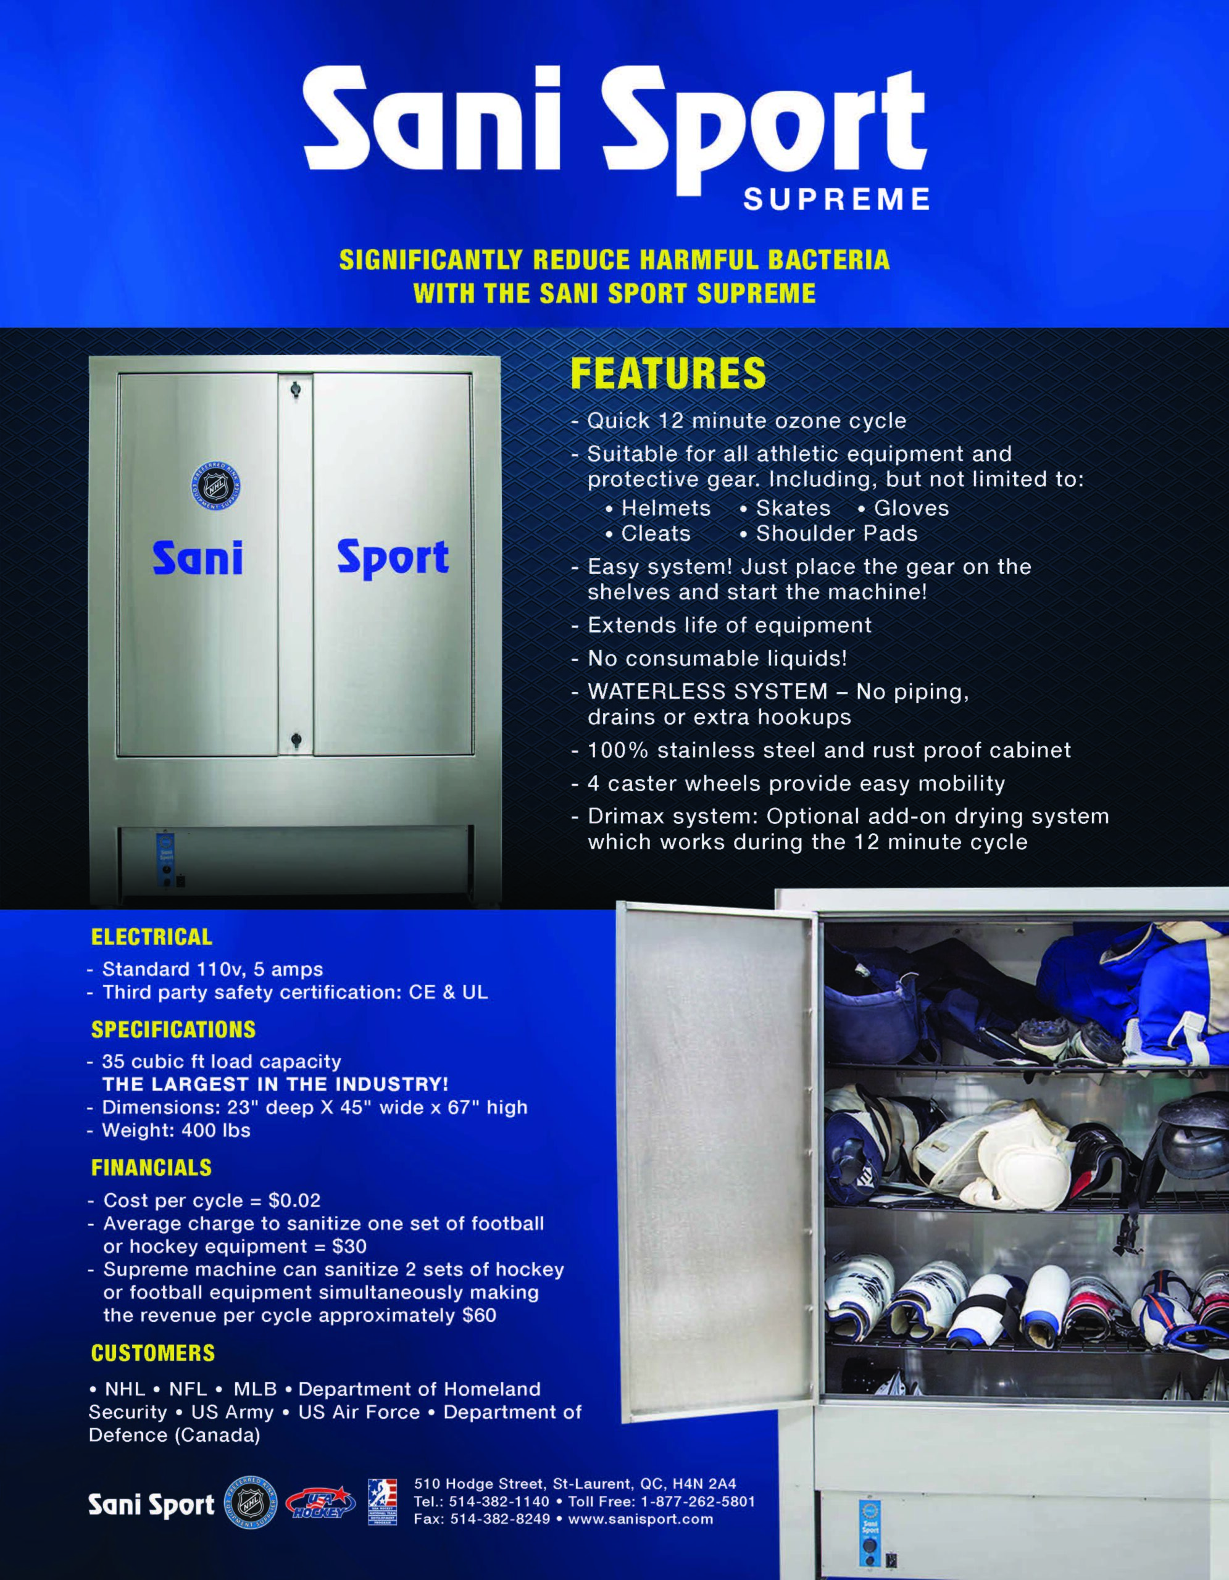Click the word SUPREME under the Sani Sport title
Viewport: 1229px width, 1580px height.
tap(836, 199)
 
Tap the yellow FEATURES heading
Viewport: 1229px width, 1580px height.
tap(668, 373)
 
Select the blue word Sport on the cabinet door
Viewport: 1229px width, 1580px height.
tap(393, 559)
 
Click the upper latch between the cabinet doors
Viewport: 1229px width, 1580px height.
tap(294, 390)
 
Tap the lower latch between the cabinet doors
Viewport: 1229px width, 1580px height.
tap(295, 739)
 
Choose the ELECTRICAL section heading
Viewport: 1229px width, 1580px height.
tap(151, 937)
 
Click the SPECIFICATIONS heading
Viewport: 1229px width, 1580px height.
tap(173, 1029)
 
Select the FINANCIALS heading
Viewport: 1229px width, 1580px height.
tap(151, 1168)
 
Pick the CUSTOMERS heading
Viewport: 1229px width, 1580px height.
tap(152, 1353)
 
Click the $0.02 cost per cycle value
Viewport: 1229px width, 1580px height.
tap(294, 1200)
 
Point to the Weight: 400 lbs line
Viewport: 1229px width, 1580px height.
tap(176, 1130)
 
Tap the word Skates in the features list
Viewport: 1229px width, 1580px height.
tap(793, 508)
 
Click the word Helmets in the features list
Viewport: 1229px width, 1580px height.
tap(665, 508)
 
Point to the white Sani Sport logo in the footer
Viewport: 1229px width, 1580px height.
tap(151, 1505)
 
